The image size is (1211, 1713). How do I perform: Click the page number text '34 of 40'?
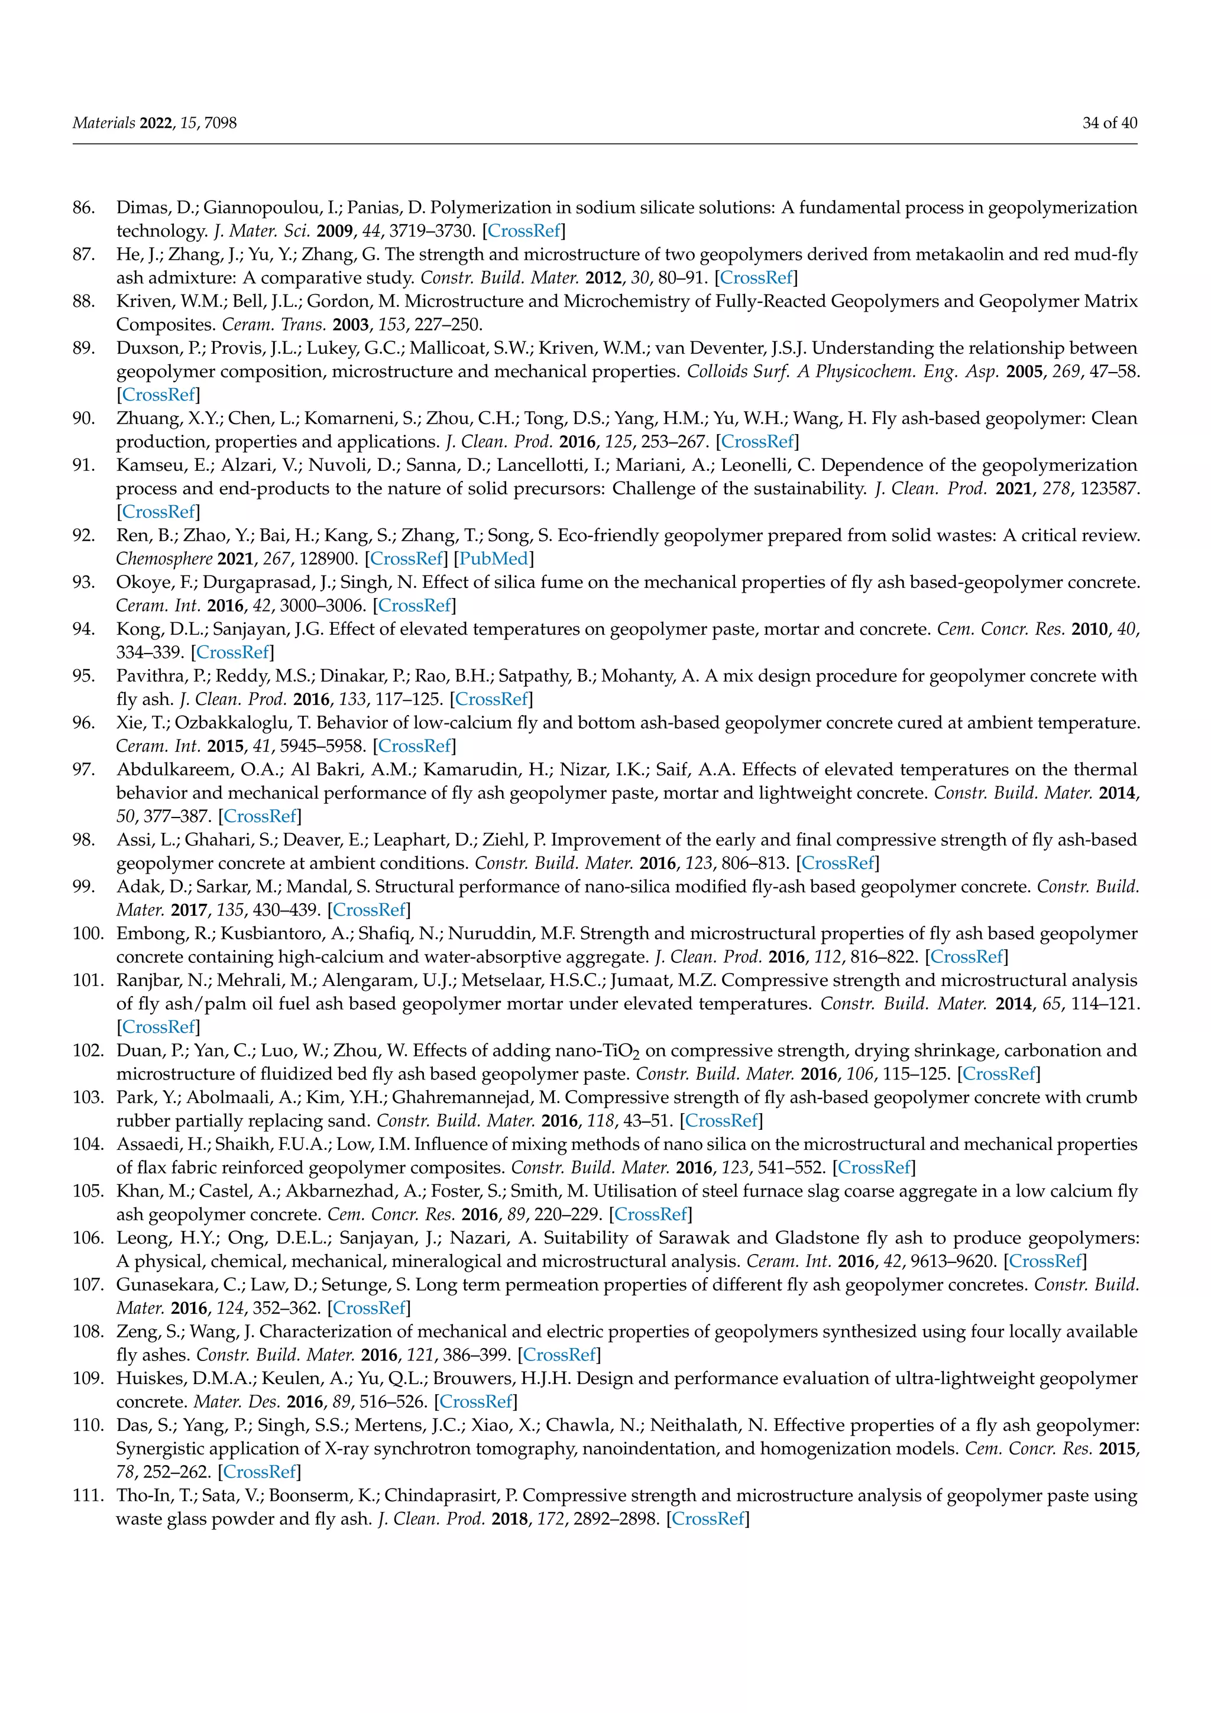1109,123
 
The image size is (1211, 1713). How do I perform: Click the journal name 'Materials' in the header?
103,123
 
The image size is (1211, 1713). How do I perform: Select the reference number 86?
83,208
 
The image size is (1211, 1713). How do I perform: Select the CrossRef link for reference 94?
232,652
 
